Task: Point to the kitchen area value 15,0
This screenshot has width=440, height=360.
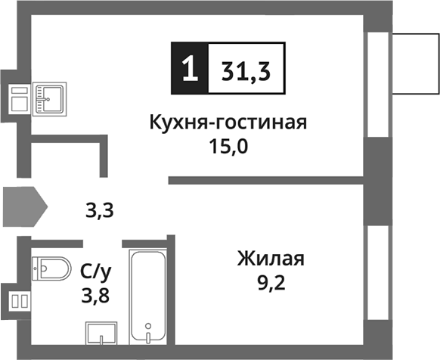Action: [x=228, y=145]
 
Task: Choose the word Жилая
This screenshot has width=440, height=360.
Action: [x=270, y=260]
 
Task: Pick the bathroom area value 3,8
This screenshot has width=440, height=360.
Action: [x=94, y=294]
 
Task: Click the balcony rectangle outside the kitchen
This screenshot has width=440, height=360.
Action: [x=414, y=62]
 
